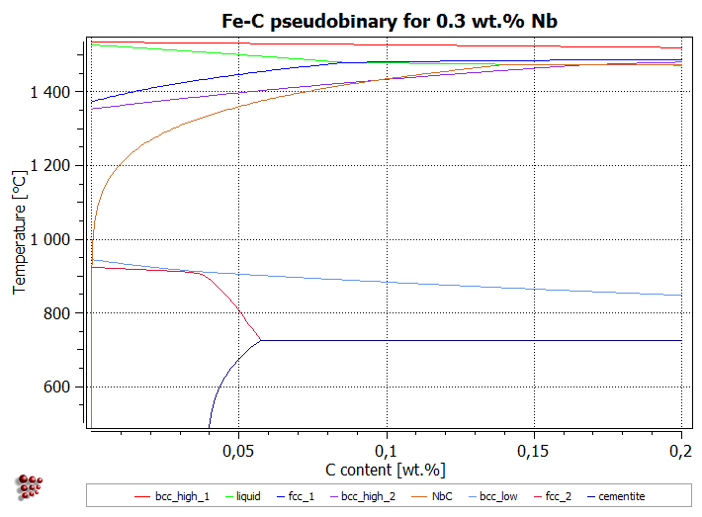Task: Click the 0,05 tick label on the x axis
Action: point(238,449)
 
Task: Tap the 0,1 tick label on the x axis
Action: point(387,449)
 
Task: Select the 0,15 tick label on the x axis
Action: point(534,449)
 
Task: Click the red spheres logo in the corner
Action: point(32,487)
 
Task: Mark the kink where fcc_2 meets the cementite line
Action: point(261,340)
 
